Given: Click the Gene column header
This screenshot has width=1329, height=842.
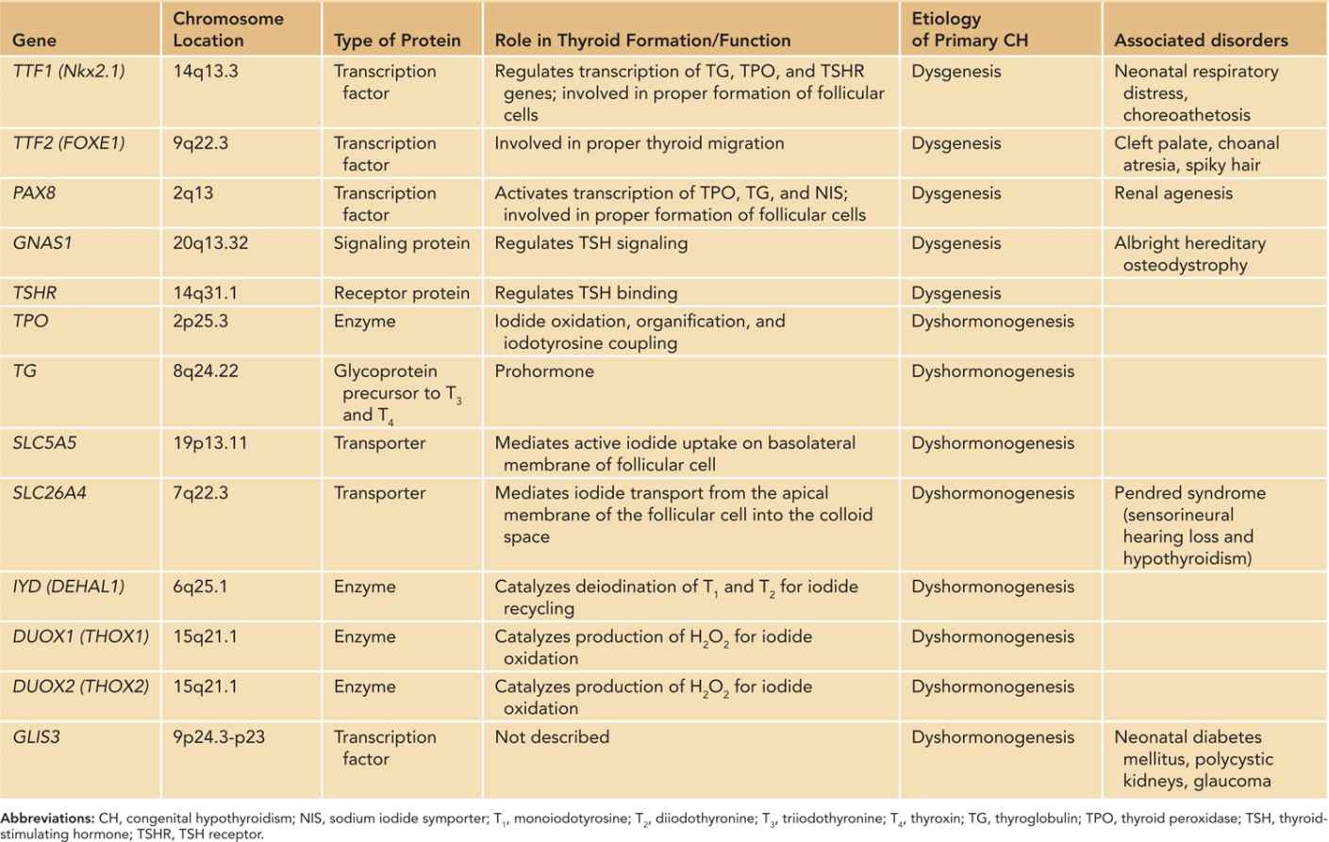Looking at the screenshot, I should pyautogui.click(x=34, y=41).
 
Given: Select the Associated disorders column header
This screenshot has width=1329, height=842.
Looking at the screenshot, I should pyautogui.click(x=1200, y=41).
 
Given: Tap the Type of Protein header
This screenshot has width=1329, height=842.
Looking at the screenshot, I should pyautogui.click(x=397, y=41).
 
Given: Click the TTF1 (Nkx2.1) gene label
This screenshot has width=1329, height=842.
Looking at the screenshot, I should pyautogui.click(x=68, y=72).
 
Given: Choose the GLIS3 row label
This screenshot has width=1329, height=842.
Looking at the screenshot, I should pyautogui.click(x=36, y=737).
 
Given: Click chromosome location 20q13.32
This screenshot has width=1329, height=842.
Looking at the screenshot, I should pyautogui.click(x=210, y=243).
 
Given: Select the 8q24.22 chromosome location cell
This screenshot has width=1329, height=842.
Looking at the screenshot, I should pyautogui.click(x=206, y=371).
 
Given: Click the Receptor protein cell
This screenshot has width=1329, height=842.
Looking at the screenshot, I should pyautogui.click(x=401, y=293).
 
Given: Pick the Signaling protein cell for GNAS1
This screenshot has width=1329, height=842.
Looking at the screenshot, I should pyautogui.click(x=401, y=243).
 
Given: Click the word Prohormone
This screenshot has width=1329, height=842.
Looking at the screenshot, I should pyautogui.click(x=544, y=371).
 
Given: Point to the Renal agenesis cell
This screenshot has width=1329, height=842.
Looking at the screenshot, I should pyautogui.click(x=1172, y=193).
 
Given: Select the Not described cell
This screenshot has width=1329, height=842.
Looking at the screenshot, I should pyautogui.click(x=552, y=737).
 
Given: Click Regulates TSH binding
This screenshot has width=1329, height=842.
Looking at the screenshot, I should pyautogui.click(x=586, y=293).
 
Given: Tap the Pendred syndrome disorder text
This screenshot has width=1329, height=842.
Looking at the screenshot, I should pyautogui.click(x=1188, y=493).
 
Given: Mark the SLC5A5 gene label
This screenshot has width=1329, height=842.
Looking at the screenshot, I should pyautogui.click(x=44, y=443).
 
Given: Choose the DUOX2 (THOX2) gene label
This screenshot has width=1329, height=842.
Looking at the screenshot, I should pyautogui.click(x=80, y=686).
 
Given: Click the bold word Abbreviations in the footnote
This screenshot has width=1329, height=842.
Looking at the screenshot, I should pyautogui.click(x=47, y=818).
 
